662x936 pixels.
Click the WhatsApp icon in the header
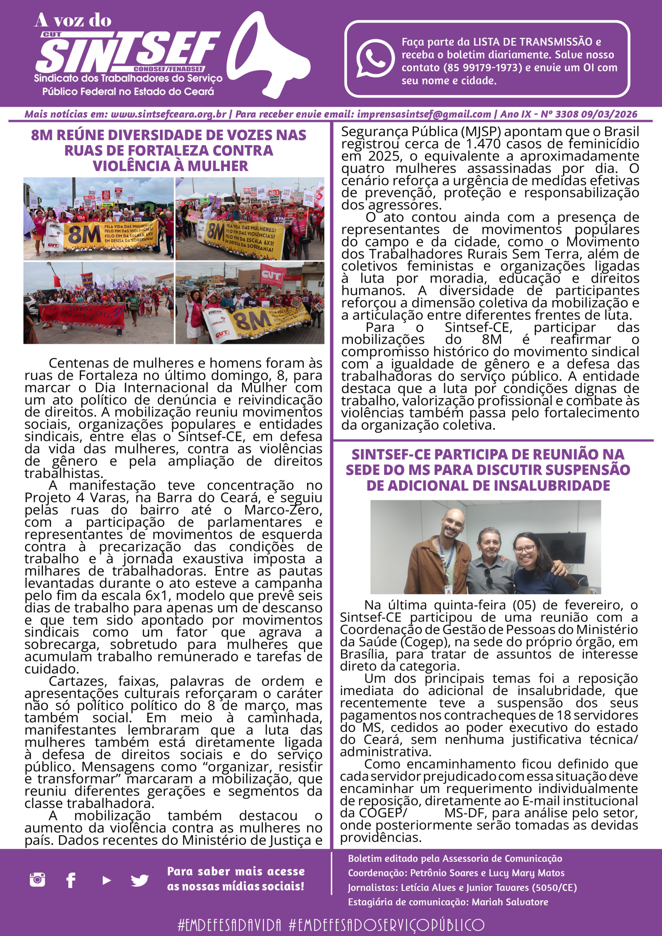[x=375, y=58]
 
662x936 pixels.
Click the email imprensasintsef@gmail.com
[x=424, y=114]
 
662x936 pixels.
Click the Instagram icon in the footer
[x=38, y=880]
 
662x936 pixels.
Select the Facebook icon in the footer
[x=71, y=880]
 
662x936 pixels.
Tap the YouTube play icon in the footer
[x=106, y=880]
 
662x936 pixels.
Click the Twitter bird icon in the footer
[x=139, y=880]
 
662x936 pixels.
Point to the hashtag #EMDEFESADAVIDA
[x=229, y=925]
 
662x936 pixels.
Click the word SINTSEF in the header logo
[x=127, y=53]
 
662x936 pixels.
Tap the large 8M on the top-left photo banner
[x=84, y=235]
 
